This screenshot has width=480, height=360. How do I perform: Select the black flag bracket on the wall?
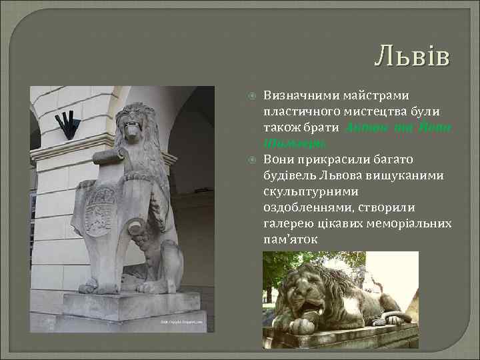[67, 125]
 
